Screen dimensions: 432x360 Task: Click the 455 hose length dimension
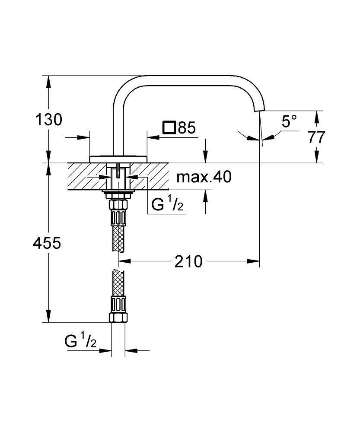click(47, 243)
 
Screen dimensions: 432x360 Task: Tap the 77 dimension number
click(317, 137)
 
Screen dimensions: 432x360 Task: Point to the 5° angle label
click(290, 121)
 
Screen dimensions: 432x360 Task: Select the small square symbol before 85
click(169, 127)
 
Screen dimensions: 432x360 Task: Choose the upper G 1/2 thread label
click(167, 204)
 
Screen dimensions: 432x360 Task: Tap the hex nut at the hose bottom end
click(118, 318)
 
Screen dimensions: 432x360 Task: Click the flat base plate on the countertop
click(118, 158)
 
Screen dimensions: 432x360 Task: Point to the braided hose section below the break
click(118, 283)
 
